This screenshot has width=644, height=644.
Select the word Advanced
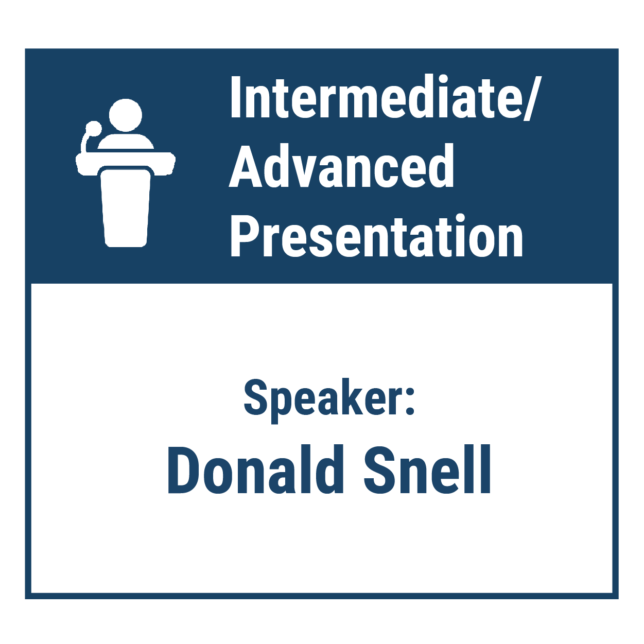point(341,166)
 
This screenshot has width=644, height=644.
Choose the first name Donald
point(255,469)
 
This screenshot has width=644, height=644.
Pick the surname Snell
point(427,469)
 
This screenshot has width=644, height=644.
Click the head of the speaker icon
point(125,115)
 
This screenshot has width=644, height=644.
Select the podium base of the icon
point(126,208)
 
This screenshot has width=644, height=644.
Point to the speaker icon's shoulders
point(125,142)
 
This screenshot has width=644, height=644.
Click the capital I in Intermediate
point(236,97)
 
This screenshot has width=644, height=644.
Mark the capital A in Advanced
point(245,166)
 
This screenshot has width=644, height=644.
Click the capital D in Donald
point(183,469)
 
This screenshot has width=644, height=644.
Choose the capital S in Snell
point(378,469)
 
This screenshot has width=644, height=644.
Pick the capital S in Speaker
point(258,398)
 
